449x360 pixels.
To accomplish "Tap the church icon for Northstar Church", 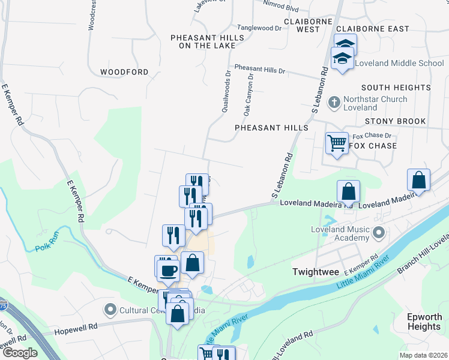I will click(x=334, y=103).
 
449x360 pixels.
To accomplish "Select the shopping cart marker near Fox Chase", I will click(x=337, y=144).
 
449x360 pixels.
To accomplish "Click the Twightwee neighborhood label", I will click(x=312, y=272).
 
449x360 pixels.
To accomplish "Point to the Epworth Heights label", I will click(x=424, y=322).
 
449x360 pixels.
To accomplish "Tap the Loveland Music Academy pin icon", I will click(x=378, y=232).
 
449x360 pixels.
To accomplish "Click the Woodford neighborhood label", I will click(x=124, y=72).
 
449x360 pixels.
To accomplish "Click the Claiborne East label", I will click(x=373, y=29).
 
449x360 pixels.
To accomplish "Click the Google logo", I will click(x=19, y=353).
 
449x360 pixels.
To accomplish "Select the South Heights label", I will click(x=396, y=88).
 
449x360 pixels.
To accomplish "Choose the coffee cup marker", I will click(x=168, y=269).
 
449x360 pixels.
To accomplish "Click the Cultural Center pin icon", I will click(x=110, y=310).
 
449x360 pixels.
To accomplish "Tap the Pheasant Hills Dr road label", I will click(x=260, y=69).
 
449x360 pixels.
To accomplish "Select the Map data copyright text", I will click(x=423, y=355).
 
